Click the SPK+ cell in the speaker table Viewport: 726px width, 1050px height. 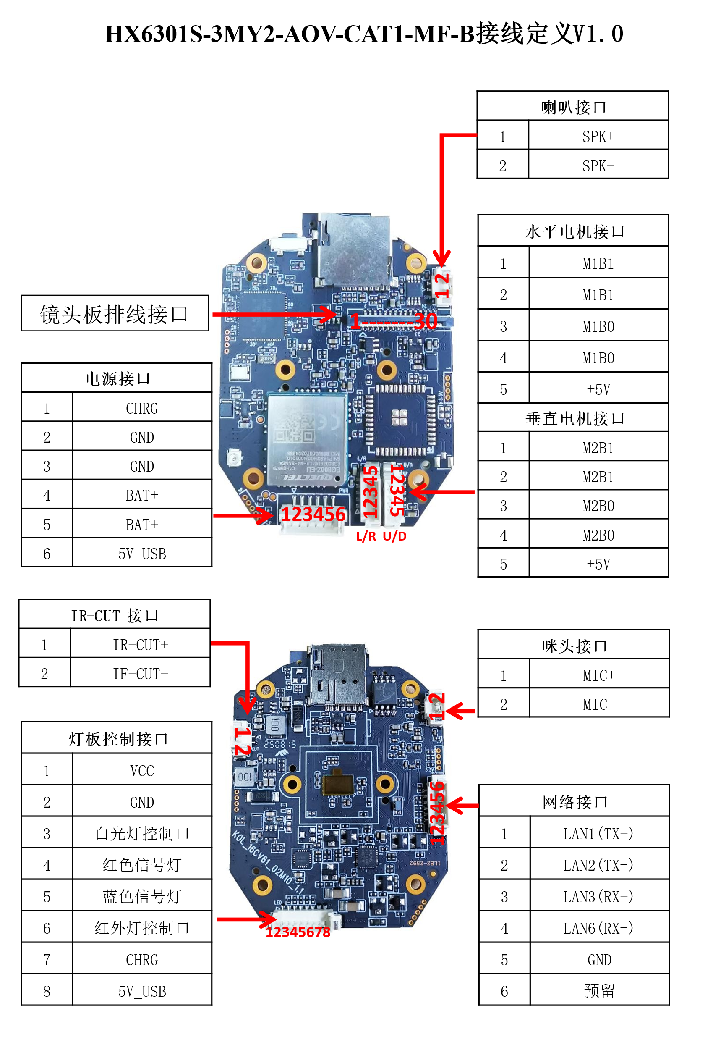[x=598, y=136]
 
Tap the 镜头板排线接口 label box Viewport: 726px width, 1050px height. [x=115, y=314]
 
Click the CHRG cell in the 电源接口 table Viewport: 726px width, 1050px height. [x=141, y=408]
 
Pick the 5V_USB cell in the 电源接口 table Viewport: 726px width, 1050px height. [x=141, y=554]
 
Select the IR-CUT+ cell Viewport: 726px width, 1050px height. [x=140, y=644]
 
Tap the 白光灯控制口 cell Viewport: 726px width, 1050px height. [x=141, y=833]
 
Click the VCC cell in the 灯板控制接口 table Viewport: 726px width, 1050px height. [x=141, y=771]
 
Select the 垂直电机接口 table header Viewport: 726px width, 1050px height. [x=574, y=418]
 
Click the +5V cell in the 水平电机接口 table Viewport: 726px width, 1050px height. [x=598, y=389]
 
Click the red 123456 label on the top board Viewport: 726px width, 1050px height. [x=313, y=514]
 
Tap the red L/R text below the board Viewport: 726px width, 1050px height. [x=366, y=536]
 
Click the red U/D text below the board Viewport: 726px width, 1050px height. [x=394, y=536]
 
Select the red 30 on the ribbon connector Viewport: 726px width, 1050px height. [x=426, y=321]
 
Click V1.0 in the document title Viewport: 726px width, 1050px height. [x=598, y=34]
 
